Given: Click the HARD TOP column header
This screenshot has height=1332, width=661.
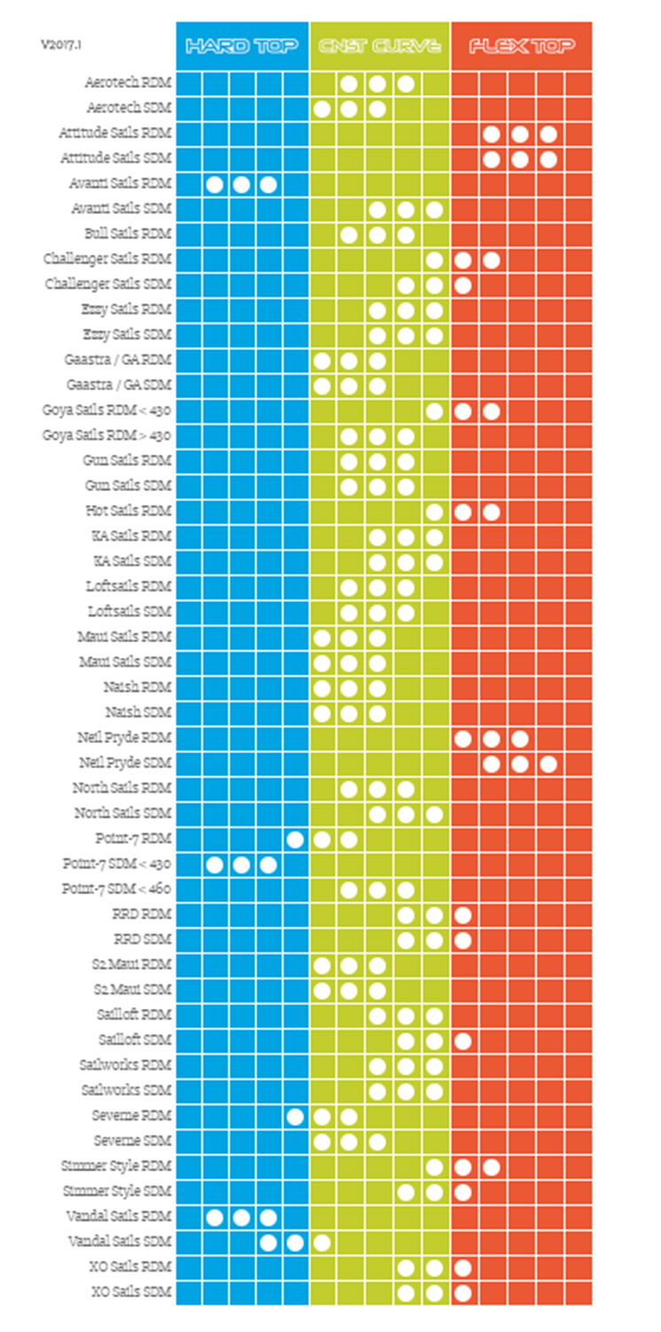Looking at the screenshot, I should pos(242,45).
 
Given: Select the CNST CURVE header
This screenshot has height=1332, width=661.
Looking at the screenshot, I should pos(380,45).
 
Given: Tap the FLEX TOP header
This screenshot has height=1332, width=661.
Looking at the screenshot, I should pos(522,45).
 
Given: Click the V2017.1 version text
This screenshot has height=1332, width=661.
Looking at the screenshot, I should pos(59,43).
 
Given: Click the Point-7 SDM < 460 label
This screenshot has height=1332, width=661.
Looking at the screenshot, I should pos(115,888).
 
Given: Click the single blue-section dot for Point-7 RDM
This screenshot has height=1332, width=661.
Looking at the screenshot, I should pos(295,838).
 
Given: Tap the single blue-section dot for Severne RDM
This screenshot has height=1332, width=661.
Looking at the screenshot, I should pos(295,1115).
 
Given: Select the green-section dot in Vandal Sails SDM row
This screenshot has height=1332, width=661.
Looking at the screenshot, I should pos(322,1241).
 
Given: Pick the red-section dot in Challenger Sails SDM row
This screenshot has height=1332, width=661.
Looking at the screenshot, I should pos(462,285).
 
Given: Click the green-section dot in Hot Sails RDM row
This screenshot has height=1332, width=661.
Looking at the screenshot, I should pos(434,511).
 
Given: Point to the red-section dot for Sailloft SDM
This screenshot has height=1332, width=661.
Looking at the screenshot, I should pos(462,1040).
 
